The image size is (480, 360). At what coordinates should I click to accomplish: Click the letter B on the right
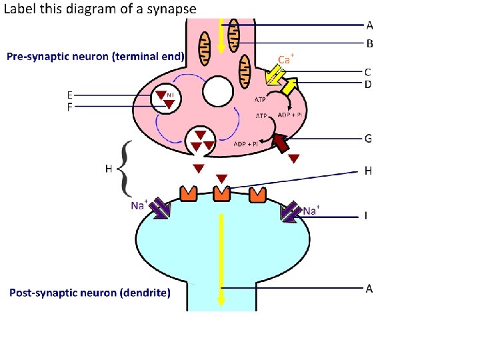(369, 44)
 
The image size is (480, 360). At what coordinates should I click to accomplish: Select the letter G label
(369, 139)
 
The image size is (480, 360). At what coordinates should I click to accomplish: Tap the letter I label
(366, 216)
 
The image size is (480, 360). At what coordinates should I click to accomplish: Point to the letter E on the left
(70, 94)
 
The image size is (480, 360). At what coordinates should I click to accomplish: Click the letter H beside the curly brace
(109, 169)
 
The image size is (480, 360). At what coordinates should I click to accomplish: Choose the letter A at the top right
(369, 25)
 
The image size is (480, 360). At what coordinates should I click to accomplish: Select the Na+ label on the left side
(139, 205)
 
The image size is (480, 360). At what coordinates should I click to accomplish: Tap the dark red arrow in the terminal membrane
(281, 143)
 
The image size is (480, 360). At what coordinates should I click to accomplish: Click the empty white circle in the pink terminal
(218, 91)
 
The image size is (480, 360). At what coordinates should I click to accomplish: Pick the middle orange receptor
(221, 193)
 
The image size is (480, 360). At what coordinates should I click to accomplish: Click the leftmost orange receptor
(187, 193)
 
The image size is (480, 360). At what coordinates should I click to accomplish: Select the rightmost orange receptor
(257, 194)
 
